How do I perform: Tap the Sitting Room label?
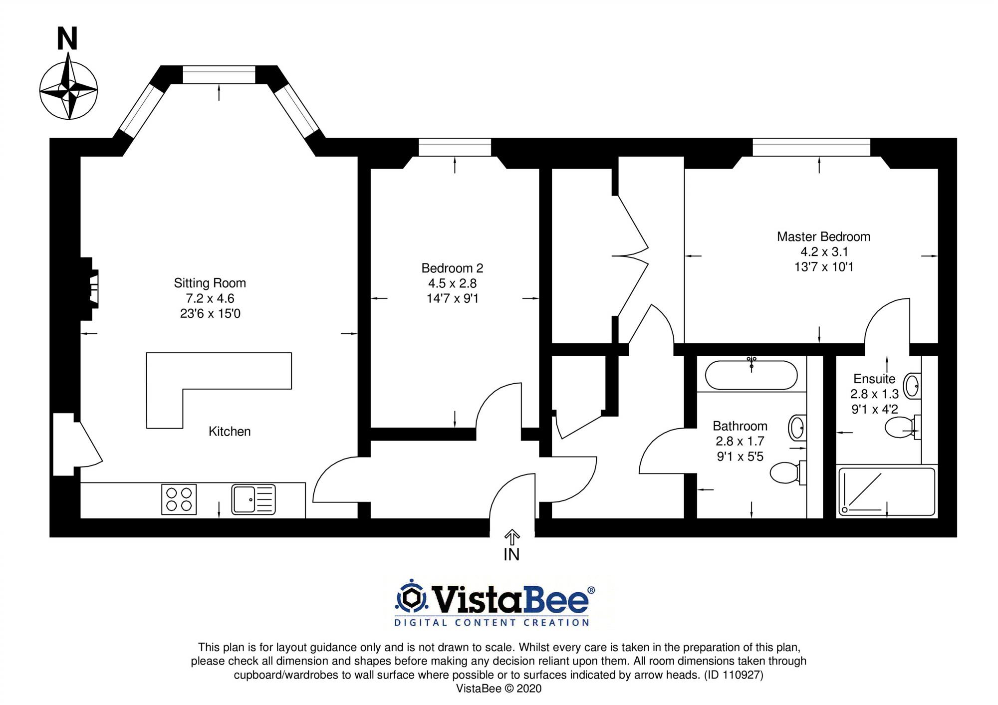click(210, 283)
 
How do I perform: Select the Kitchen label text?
click(230, 432)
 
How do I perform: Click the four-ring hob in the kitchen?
click(179, 499)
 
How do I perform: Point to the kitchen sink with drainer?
click(253, 499)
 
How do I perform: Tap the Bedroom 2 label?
click(452, 268)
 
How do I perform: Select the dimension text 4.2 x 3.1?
click(824, 252)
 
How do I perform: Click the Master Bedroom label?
click(823, 237)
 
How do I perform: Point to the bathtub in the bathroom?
click(751, 375)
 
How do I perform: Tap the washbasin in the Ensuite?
click(912, 386)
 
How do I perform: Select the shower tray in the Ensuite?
click(887, 491)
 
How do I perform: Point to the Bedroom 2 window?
click(455, 148)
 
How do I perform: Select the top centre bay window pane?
click(219, 75)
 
